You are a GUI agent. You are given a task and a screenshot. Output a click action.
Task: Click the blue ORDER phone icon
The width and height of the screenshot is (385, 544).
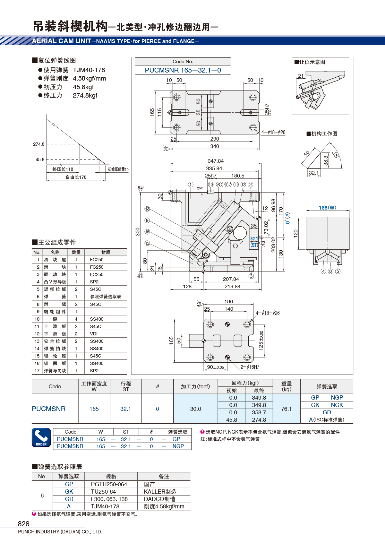[x=41, y=437]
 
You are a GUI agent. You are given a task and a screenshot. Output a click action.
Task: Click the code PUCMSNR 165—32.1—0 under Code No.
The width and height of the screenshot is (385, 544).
[x=183, y=70]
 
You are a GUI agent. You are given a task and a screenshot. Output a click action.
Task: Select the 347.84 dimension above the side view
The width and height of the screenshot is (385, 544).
[x=216, y=161]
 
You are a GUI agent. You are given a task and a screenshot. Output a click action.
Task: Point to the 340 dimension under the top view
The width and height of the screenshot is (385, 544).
[x=215, y=146]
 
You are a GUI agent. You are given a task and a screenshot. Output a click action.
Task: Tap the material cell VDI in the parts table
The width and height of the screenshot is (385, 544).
[x=94, y=334]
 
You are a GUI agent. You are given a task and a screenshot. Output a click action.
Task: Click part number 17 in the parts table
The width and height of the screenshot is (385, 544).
[x=37, y=371]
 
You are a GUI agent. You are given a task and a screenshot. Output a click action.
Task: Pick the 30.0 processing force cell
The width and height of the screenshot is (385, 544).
[x=195, y=409]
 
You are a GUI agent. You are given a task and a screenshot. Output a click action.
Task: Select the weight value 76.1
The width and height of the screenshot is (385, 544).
[x=287, y=409]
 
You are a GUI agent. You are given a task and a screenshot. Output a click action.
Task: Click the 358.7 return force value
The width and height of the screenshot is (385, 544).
[x=259, y=412]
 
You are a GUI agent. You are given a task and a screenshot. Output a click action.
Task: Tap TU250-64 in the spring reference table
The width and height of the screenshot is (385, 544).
[x=103, y=492]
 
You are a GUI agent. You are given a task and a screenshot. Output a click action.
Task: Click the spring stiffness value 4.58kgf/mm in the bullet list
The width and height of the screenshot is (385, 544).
[x=89, y=78]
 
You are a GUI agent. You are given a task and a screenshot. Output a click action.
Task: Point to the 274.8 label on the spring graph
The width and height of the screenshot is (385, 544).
[x=38, y=144]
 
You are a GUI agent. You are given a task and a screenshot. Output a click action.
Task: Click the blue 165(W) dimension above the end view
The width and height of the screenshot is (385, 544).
[x=328, y=208]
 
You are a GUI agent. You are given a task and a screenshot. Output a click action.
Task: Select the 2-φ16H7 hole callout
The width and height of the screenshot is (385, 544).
[x=250, y=367]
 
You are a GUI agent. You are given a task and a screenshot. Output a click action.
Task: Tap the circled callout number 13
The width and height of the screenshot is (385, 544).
[x=147, y=209]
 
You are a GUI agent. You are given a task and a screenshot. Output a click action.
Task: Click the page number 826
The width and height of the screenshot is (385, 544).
[x=23, y=524]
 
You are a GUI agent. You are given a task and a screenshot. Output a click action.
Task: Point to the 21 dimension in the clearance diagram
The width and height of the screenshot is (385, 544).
[x=301, y=76]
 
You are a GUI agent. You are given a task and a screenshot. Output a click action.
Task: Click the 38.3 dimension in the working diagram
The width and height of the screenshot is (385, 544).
[x=326, y=160]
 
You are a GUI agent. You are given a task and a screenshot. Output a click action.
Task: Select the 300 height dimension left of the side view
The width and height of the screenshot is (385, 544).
[x=138, y=232]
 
